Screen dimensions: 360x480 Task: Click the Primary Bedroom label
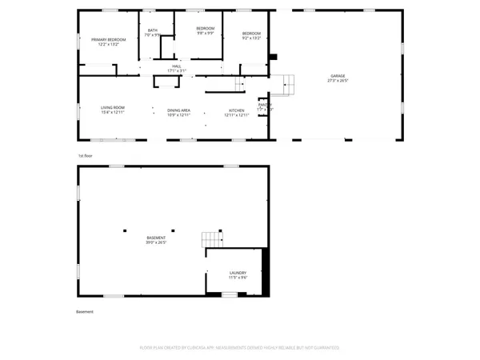(x=109, y=39)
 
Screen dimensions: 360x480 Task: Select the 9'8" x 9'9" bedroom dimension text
(x=205, y=34)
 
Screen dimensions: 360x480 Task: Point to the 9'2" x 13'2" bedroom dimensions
(x=252, y=38)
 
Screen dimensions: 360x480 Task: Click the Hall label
(x=176, y=66)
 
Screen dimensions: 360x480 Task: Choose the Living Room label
(x=112, y=110)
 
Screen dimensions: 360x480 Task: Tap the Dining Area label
(x=178, y=110)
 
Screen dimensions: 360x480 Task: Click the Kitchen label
(x=237, y=110)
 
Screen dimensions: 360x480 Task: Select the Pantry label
(x=265, y=104)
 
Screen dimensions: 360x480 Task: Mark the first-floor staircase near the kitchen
(x=238, y=84)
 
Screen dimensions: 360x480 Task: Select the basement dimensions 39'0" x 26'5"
(x=156, y=242)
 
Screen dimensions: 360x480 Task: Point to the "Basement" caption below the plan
(x=85, y=311)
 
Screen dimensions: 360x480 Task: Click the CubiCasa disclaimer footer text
(x=240, y=348)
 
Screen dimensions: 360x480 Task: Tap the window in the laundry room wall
(x=230, y=294)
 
